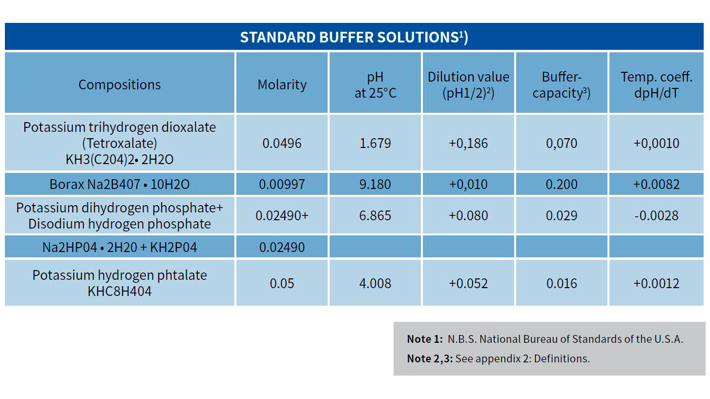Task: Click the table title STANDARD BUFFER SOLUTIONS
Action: (354, 37)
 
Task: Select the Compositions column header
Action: (119, 84)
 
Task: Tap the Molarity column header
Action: (282, 84)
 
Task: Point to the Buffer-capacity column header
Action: (562, 84)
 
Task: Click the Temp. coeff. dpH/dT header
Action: (656, 84)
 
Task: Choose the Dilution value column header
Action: (468, 84)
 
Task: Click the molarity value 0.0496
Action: (282, 143)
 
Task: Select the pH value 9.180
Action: (375, 184)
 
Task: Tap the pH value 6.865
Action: (375, 215)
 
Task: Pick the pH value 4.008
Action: (375, 283)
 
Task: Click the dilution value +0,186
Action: (468, 143)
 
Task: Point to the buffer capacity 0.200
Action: (562, 184)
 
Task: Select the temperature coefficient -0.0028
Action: (656, 215)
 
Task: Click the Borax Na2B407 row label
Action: (119, 184)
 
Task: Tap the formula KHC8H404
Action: (119, 292)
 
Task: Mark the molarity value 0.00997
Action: (282, 184)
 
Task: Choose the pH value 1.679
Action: (375, 143)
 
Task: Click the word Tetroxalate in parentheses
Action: (119, 143)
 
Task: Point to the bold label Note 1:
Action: (425, 339)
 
